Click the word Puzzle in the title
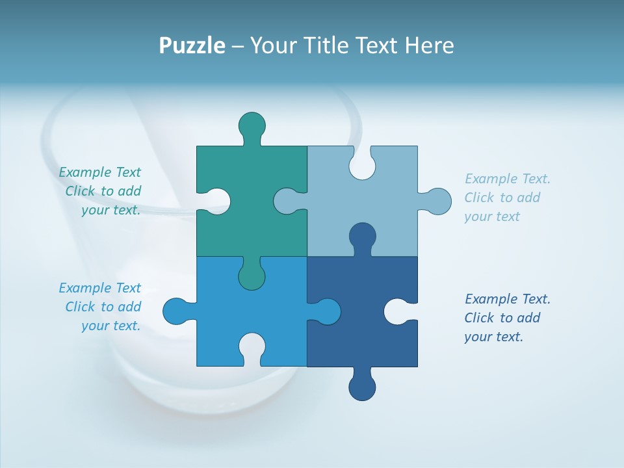pos(192,46)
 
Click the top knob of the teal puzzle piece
pos(252,125)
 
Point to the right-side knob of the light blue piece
pos(437,201)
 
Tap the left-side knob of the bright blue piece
pos(176,311)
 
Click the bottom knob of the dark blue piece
pos(362,386)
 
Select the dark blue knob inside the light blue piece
pos(362,237)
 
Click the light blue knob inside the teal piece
pos(287,201)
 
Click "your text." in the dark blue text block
pos(493,337)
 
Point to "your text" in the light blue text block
pos(492,216)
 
